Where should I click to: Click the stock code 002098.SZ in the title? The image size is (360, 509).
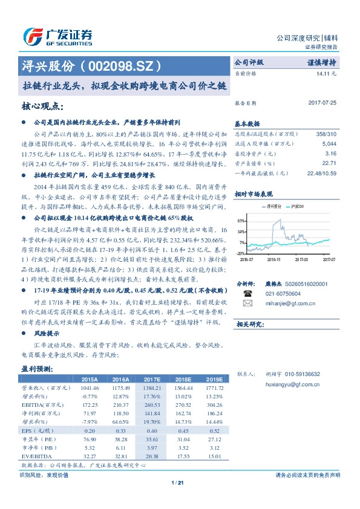pyautogui.click(x=121, y=65)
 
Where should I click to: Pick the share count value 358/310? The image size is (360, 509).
pyautogui.click(x=326, y=133)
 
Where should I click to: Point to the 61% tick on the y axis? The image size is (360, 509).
pyautogui.click(x=241, y=221)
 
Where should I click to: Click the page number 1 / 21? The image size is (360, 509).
pyautogui.click(x=178, y=482)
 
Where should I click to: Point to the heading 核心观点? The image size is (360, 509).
pyautogui.click(x=42, y=107)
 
